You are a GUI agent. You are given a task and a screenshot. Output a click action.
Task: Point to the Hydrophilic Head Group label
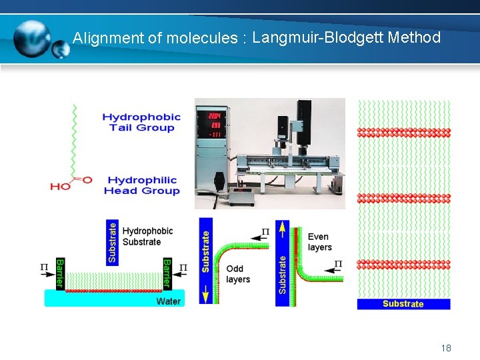(141, 185)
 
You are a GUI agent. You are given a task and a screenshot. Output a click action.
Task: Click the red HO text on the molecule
(61, 186)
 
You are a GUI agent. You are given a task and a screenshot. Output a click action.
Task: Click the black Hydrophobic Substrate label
(147, 236)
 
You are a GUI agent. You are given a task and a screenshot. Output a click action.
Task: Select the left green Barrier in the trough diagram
(59, 273)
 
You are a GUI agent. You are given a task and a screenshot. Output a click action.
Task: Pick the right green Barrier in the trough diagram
(167, 273)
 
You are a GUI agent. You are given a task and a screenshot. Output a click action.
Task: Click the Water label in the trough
(168, 301)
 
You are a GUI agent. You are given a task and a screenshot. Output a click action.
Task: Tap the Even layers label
(319, 242)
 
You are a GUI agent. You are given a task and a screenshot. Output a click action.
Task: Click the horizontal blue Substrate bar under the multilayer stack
(403, 304)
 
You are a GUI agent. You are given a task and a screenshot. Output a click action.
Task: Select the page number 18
(446, 348)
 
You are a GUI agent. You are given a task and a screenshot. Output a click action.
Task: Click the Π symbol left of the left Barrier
(45, 267)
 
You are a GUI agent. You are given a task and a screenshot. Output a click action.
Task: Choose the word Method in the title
(413, 37)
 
